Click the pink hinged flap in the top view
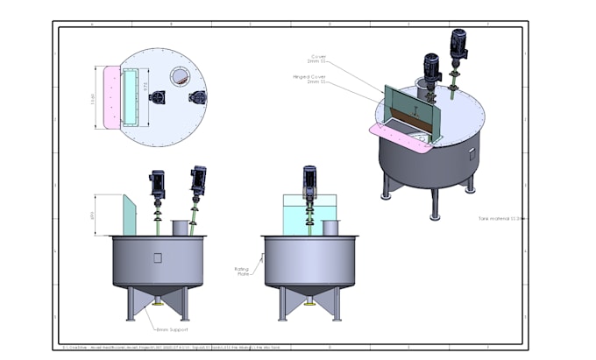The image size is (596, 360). click(111, 95)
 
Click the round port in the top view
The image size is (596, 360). click(178, 76)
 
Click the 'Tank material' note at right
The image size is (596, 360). click(500, 217)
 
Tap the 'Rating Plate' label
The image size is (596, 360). click(243, 272)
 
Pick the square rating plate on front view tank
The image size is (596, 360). click(157, 258)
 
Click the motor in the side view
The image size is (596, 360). click(309, 180)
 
